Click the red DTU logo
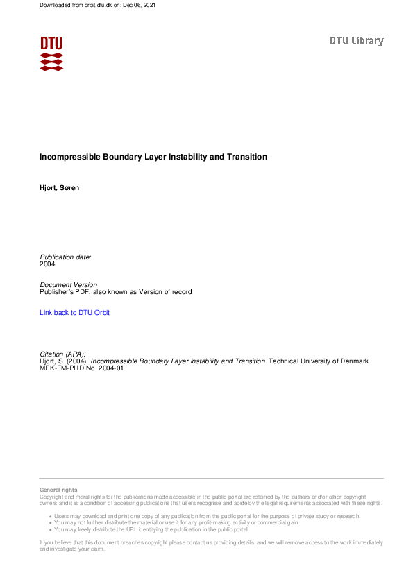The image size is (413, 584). [x=51, y=53]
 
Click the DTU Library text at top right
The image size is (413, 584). [x=356, y=41]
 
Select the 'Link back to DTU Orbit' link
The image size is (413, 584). [x=75, y=313]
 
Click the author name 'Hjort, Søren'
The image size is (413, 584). [x=59, y=188]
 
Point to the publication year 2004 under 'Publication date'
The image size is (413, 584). [x=47, y=264]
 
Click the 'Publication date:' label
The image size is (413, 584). [x=65, y=257]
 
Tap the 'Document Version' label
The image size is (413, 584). [x=69, y=285]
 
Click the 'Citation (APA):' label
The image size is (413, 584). [x=62, y=354]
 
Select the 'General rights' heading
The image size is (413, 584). [x=58, y=490]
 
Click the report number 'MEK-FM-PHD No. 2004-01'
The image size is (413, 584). [x=81, y=368]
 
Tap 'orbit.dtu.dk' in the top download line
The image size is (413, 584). [x=92, y=6]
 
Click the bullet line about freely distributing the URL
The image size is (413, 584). [x=151, y=529]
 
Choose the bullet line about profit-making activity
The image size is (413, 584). [x=176, y=523]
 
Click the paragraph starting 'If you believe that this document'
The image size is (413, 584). [x=208, y=545]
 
